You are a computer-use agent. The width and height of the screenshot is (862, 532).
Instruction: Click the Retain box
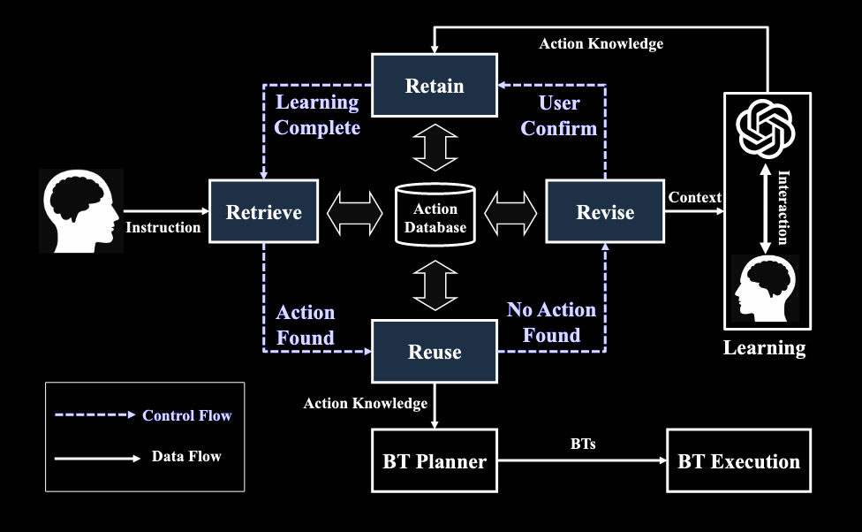434,86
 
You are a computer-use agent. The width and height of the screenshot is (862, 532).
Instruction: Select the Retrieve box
263,211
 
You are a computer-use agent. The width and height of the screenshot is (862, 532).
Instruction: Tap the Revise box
604,211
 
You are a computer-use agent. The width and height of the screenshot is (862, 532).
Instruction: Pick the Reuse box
434,352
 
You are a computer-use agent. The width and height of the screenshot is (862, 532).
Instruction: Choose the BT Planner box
435,460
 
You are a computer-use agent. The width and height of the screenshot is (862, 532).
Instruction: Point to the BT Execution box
738,460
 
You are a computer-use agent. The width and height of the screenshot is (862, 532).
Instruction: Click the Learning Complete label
317,115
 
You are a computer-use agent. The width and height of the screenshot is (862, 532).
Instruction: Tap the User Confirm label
559,115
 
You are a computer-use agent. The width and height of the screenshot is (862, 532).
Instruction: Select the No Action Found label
551,323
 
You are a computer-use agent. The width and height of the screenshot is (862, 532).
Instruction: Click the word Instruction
163,227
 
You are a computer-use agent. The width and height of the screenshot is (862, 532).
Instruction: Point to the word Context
695,197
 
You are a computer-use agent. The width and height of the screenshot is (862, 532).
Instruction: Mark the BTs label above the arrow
583,444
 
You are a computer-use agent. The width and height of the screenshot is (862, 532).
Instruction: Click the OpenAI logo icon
766,129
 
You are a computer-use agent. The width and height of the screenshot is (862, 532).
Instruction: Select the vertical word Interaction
782,208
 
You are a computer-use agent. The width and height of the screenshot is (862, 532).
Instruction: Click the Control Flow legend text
186,415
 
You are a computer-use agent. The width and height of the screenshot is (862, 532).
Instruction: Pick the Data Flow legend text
186,457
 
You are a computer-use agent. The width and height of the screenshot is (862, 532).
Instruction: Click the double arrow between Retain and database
435,148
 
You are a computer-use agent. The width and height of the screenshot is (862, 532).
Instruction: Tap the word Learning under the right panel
765,347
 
